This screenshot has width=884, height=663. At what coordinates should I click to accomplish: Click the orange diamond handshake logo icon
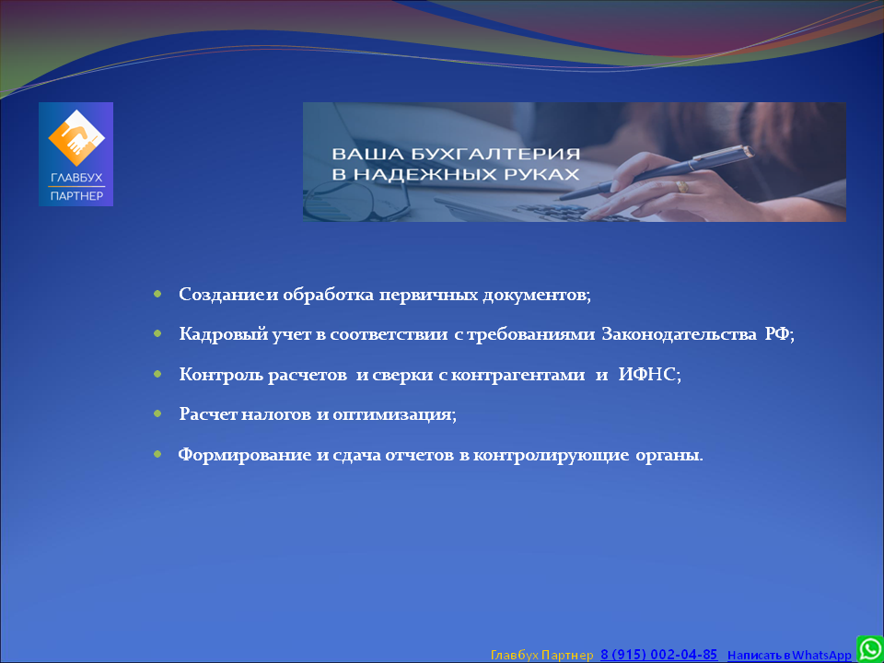click(76, 138)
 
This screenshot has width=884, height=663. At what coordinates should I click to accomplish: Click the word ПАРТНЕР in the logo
click(76, 196)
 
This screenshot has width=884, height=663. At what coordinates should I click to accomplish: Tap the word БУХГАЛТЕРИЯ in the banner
click(481, 154)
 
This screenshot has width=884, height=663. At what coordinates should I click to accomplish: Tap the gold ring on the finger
click(682, 187)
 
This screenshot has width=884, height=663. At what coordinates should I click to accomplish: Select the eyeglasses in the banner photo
click(356, 200)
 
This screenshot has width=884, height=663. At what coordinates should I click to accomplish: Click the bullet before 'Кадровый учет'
click(157, 334)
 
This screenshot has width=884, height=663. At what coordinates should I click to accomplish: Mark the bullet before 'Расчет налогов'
click(157, 413)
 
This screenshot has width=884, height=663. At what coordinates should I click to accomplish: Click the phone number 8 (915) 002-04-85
click(659, 655)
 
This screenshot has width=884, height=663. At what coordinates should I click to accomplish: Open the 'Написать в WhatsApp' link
click(789, 655)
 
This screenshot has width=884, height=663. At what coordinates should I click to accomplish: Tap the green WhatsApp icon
click(870, 649)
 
